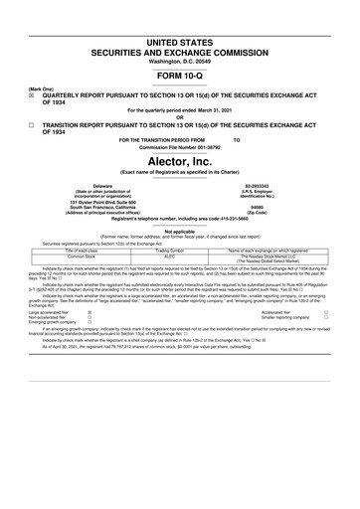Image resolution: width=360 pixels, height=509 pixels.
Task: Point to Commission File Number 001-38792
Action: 180,147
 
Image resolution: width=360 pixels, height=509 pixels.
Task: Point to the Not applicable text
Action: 180,231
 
